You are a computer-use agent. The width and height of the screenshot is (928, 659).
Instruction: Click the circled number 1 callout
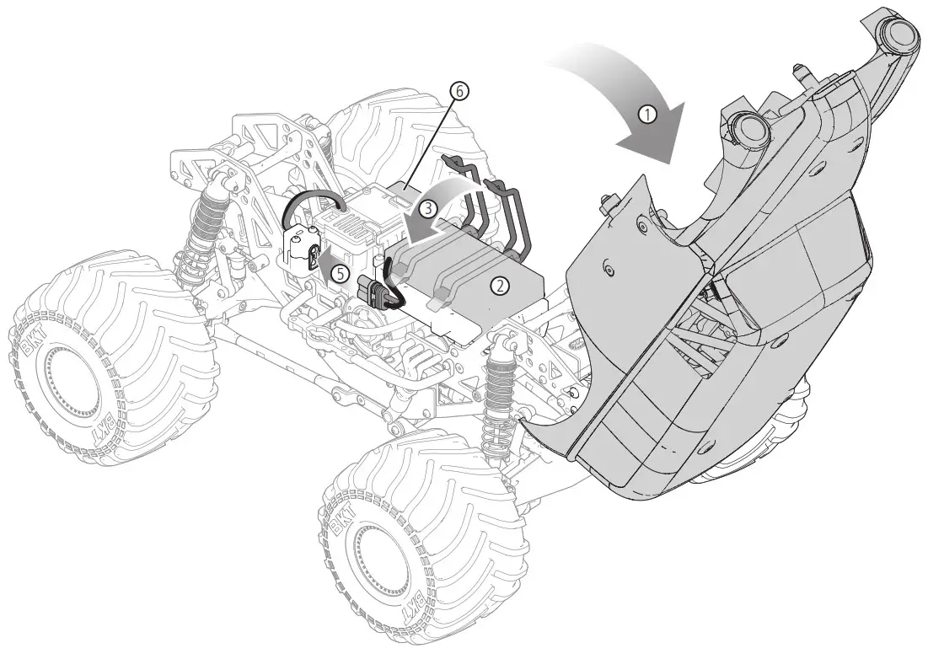tap(648, 114)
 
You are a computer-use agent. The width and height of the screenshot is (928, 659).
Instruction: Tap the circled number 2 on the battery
tap(500, 286)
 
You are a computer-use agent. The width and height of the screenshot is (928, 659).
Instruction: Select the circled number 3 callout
tap(428, 209)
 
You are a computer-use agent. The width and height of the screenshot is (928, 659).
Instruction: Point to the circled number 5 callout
tap(339, 273)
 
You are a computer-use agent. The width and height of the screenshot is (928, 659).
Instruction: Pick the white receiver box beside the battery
tap(349, 233)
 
